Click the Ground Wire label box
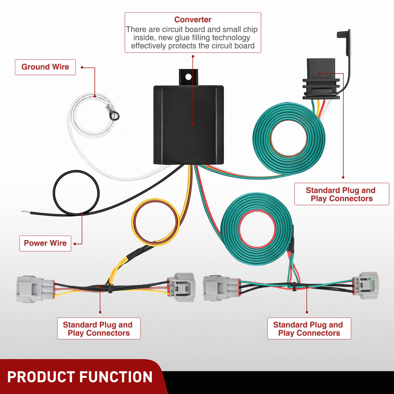pos(45,67)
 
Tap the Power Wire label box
pos(45,243)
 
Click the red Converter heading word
pos(193,20)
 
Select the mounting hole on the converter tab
pos(188,77)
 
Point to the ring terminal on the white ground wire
pos(114,115)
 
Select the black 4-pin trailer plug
pos(321,80)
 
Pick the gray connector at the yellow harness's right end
pos(181,287)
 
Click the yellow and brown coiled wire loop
pos(155,222)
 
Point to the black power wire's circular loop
pos(76,193)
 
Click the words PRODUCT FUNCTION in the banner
pos(80,377)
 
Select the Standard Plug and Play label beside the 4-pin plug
pos(341,194)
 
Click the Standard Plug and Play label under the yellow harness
pos(99,328)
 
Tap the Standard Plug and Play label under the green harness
pos(309,328)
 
